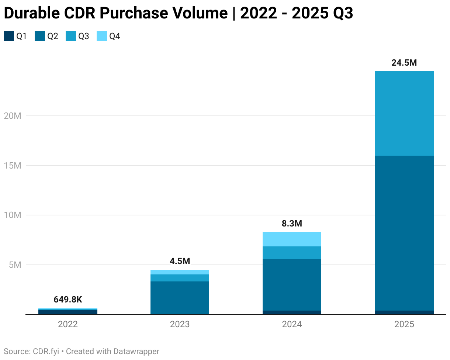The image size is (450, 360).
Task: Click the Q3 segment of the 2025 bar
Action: click(x=404, y=113)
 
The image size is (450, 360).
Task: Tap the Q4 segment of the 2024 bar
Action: click(x=292, y=239)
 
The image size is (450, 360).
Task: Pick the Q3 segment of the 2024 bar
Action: click(x=292, y=253)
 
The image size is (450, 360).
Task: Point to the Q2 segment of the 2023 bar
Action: click(x=180, y=298)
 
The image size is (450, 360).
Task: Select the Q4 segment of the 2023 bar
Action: click(x=180, y=272)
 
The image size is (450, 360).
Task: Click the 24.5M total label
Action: click(x=404, y=63)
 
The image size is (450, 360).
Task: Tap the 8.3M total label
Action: click(x=292, y=224)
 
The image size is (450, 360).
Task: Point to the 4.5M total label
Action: click(x=180, y=262)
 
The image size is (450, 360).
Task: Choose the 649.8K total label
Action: click(x=68, y=300)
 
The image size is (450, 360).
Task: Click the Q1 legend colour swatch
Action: click(x=8, y=36)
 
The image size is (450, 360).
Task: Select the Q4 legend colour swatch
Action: click(x=101, y=36)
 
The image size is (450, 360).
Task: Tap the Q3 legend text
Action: click(x=84, y=36)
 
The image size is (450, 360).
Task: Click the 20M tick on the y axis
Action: click(x=13, y=116)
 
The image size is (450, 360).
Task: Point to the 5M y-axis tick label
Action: click(x=15, y=265)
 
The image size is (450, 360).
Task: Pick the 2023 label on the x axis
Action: click(x=180, y=325)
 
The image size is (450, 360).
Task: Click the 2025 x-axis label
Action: click(x=404, y=325)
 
